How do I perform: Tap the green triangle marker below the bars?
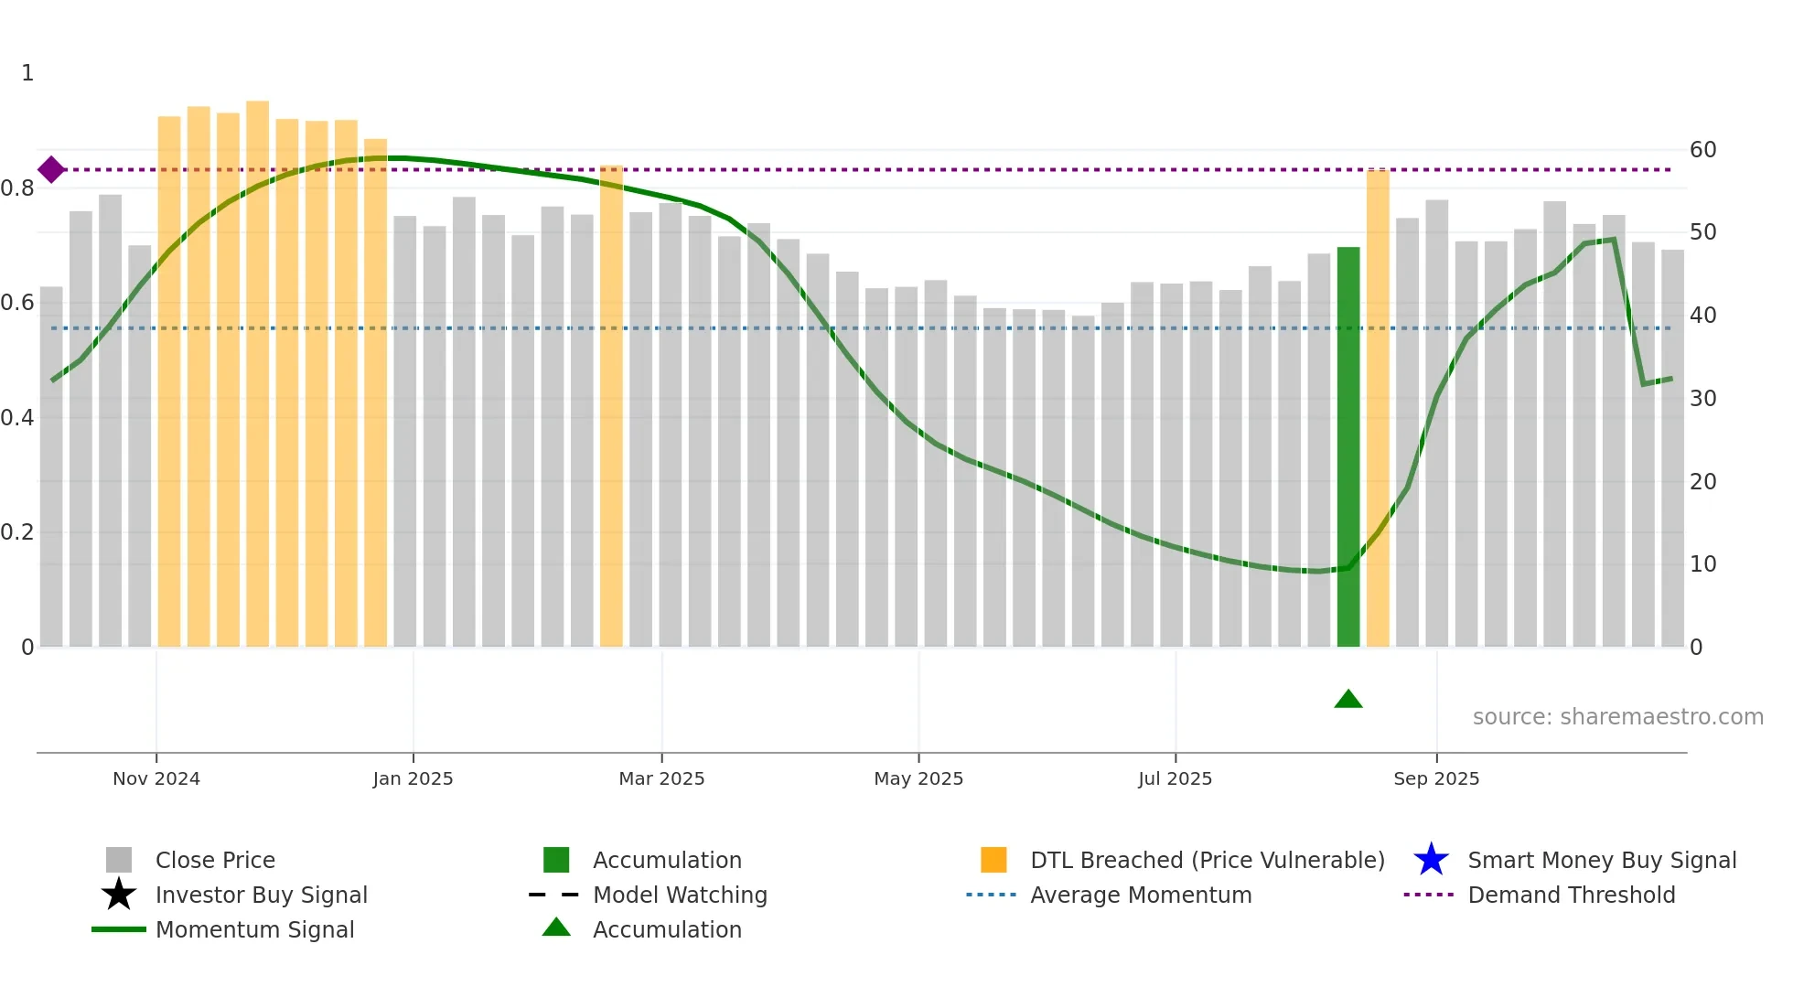pyautogui.click(x=1348, y=700)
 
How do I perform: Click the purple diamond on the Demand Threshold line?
pyautogui.click(x=51, y=169)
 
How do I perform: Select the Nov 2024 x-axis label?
pyautogui.click(x=156, y=778)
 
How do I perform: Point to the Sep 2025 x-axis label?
pyautogui.click(x=1436, y=778)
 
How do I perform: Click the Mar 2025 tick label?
pyautogui.click(x=661, y=778)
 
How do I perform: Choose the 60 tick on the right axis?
pyautogui.click(x=1702, y=149)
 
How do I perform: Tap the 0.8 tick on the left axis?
pyautogui.click(x=18, y=188)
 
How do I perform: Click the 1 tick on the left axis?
pyautogui.click(x=27, y=73)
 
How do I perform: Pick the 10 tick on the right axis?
pyautogui.click(x=1702, y=564)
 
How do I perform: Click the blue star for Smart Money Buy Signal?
pyautogui.click(x=1431, y=860)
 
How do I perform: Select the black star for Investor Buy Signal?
pyautogui.click(x=119, y=895)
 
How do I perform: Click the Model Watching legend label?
pyautogui.click(x=680, y=895)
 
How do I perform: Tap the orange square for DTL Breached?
pyautogui.click(x=993, y=860)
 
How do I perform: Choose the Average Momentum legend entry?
pyautogui.click(x=1141, y=895)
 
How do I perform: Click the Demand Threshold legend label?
pyautogui.click(x=1571, y=895)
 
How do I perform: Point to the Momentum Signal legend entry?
pyautogui.click(x=254, y=929)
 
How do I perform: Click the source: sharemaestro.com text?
pyautogui.click(x=1617, y=716)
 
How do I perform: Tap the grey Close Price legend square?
pyautogui.click(x=119, y=860)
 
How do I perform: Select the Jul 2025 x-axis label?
pyautogui.click(x=1175, y=778)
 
